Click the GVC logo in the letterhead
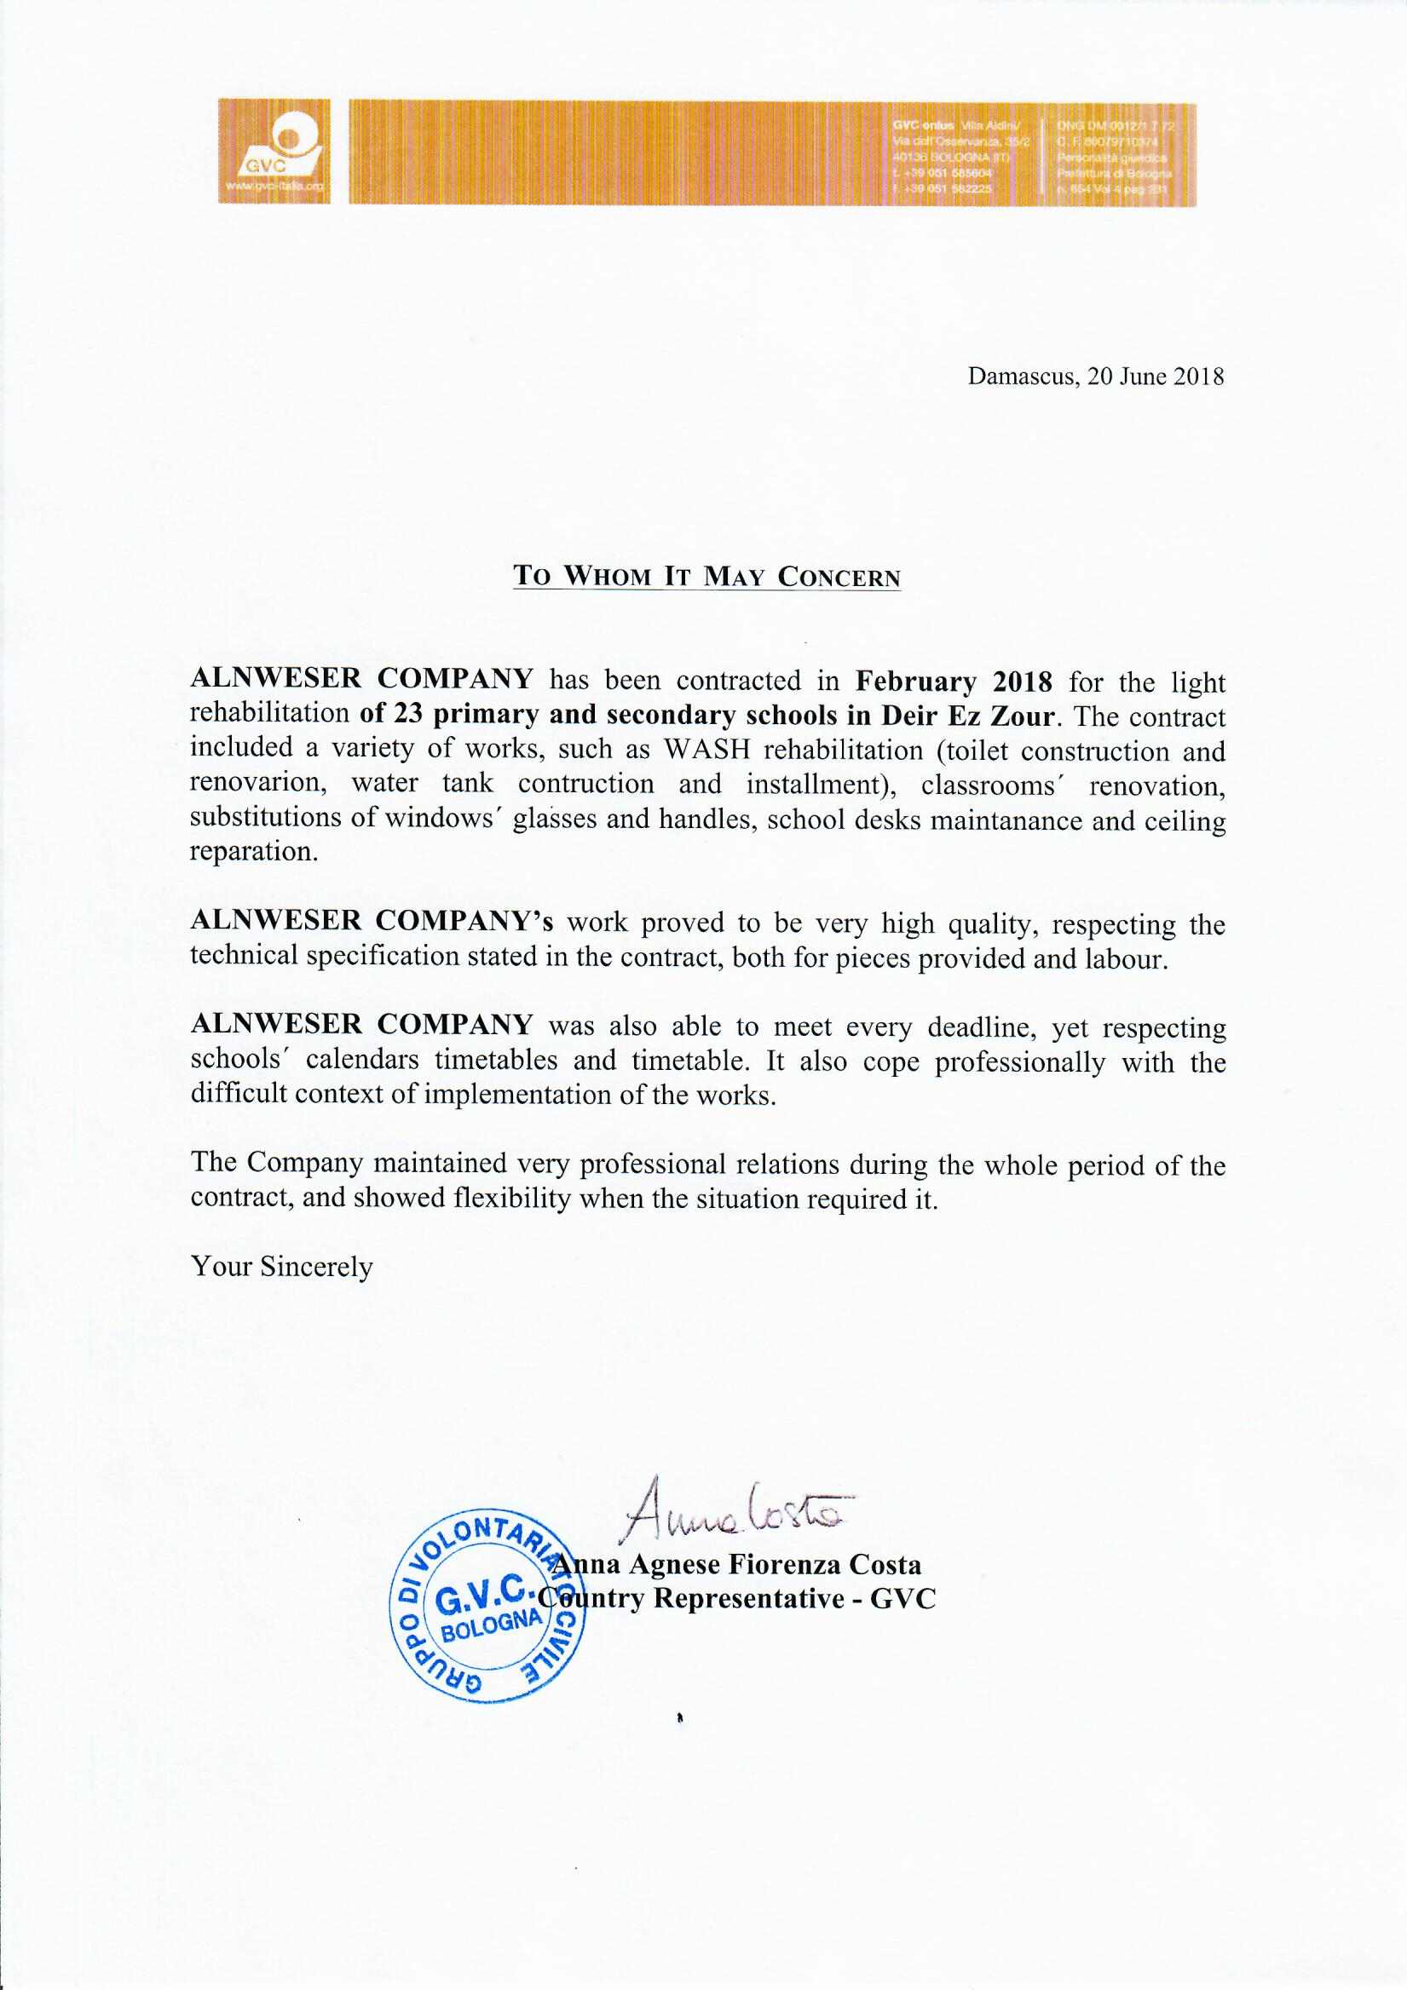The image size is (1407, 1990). [274, 152]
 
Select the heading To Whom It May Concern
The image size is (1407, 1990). [706, 577]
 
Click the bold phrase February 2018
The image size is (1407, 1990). [954, 682]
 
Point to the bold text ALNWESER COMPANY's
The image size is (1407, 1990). [371, 922]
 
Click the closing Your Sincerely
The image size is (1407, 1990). [282, 1267]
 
